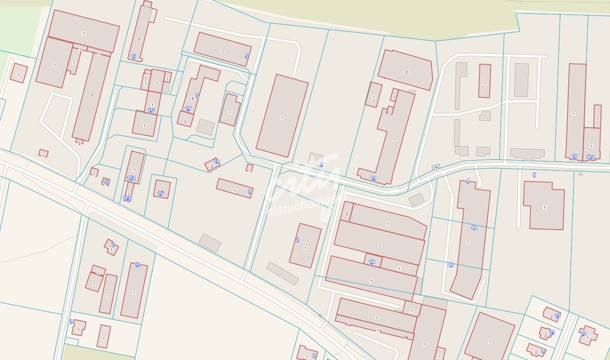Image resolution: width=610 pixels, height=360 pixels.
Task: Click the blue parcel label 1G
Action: pyautogui.click(x=151, y=110)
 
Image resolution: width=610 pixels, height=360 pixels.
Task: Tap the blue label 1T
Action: pyautogui.click(x=188, y=109)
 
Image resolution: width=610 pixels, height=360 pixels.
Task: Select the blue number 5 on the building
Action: pyautogui.click(x=246, y=57)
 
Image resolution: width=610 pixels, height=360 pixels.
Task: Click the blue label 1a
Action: pyautogui.click(x=217, y=162)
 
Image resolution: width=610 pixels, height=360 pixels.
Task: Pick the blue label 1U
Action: pyautogui.click(x=161, y=193)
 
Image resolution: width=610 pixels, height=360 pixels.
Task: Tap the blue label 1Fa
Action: pyautogui.click(x=131, y=178)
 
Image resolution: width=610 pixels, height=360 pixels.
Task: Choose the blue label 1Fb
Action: pyautogui.click(x=127, y=198)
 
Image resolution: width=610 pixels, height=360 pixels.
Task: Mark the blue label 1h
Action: pyautogui.click(x=373, y=178)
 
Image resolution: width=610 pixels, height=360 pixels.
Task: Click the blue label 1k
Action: pyautogui.click(x=372, y=262)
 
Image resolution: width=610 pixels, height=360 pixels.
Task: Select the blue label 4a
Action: pyautogui.click(x=474, y=228)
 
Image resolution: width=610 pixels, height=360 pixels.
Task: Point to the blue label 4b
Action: pyautogui.click(x=450, y=265)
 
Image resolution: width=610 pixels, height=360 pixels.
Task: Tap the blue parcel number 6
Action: pyautogui.click(x=534, y=175)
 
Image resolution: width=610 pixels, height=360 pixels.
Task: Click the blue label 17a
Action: pyautogui.click(x=590, y=157)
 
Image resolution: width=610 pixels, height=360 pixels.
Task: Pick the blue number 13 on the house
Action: pyautogui.click(x=557, y=316)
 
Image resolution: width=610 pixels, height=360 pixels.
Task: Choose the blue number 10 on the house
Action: pyautogui.click(x=584, y=334)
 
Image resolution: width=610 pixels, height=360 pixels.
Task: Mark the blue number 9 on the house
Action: pyautogui.click(x=543, y=351)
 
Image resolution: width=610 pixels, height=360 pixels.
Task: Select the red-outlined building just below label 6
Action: pyautogui.click(x=543, y=205)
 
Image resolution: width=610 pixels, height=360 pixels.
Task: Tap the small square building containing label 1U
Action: pyautogui.click(x=161, y=190)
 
